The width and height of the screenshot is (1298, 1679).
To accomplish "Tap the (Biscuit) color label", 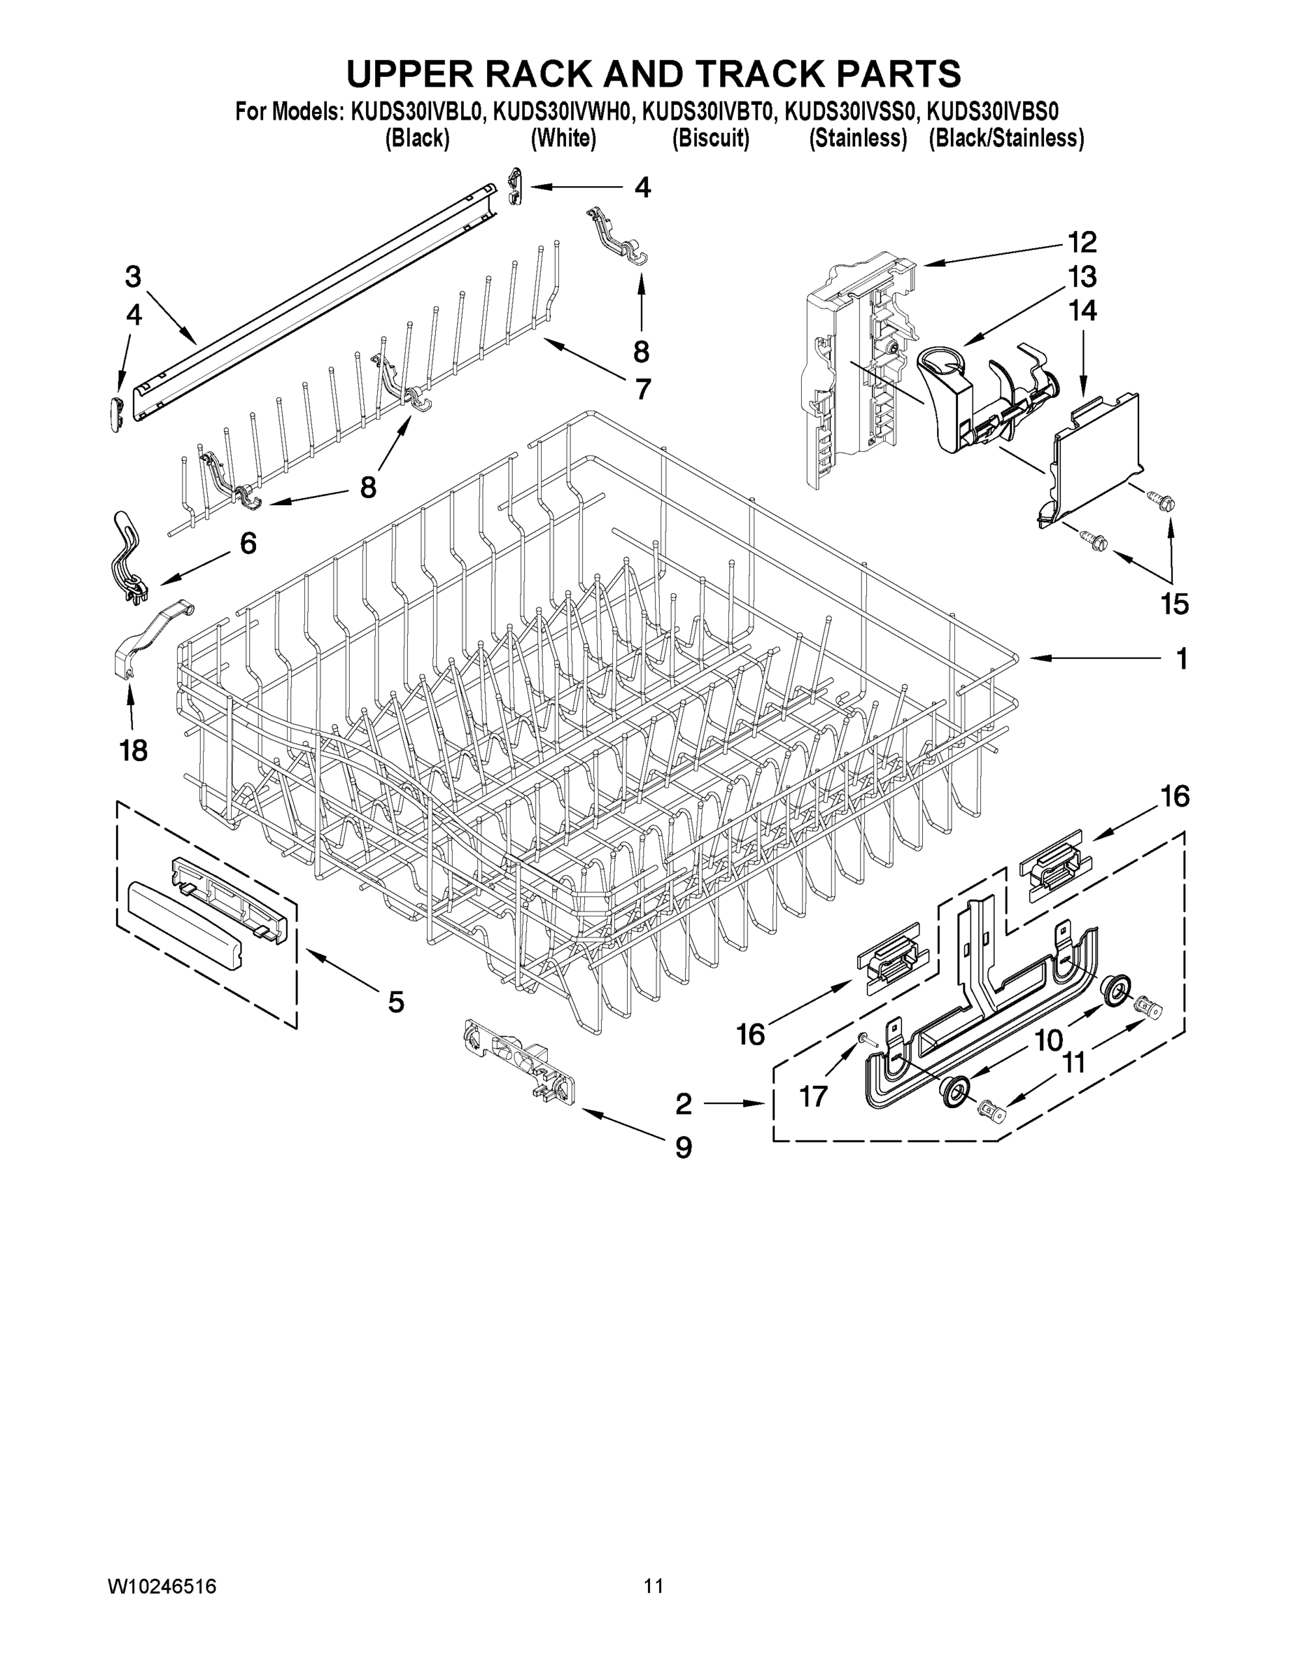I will pos(710,139).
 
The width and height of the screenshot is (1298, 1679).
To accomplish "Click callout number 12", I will pos(1082,242).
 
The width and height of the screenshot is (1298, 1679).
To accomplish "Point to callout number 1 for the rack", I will pos(1182,658).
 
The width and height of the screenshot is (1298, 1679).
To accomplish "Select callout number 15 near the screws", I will pos(1174,604).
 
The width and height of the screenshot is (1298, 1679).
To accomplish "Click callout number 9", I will pos(683,1148).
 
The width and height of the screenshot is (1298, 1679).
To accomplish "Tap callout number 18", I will pos(133,751).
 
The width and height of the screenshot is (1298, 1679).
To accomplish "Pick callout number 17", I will pos(814,1096).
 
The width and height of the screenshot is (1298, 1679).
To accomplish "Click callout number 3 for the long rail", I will pos(133,277).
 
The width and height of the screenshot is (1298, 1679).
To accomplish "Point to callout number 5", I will pos(395,1002).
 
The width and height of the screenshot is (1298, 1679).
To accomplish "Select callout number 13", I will pos(1082,277).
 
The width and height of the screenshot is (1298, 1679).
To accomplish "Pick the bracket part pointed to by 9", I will pos(519,1065).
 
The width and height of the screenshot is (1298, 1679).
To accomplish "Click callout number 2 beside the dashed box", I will pos(683,1105).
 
